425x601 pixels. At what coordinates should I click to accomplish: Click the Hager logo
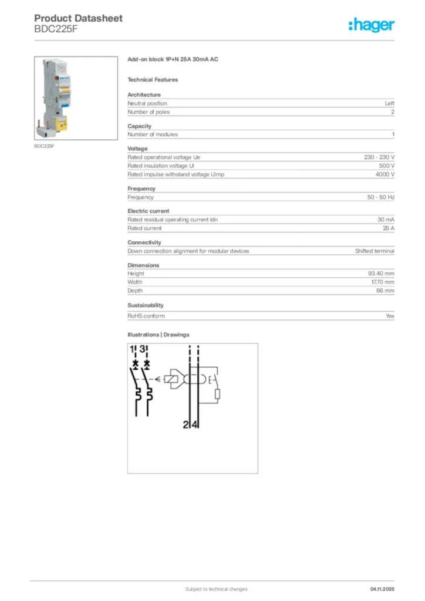[372, 25]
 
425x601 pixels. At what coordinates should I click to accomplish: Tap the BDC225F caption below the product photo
[44, 146]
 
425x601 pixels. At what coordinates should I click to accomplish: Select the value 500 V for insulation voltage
[386, 166]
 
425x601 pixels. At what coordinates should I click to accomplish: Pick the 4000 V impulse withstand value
[384, 174]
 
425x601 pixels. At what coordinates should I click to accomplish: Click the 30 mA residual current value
[386, 220]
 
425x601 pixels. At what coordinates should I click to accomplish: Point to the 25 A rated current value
[388, 228]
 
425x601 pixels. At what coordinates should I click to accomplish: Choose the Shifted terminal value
[375, 251]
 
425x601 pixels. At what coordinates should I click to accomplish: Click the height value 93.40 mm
[380, 274]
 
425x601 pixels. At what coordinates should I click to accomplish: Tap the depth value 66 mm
[385, 291]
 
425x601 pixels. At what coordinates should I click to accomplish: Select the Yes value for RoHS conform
[389, 316]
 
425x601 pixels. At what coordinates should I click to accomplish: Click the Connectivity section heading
[144, 242]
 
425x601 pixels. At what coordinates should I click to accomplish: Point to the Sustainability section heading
[146, 305]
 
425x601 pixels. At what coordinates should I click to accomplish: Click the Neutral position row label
[147, 103]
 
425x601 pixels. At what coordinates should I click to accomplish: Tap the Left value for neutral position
[389, 103]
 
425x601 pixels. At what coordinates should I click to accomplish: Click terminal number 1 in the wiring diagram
[133, 350]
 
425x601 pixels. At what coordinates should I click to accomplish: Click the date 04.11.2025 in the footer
[382, 589]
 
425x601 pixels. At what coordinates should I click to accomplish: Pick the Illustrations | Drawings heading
[158, 335]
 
